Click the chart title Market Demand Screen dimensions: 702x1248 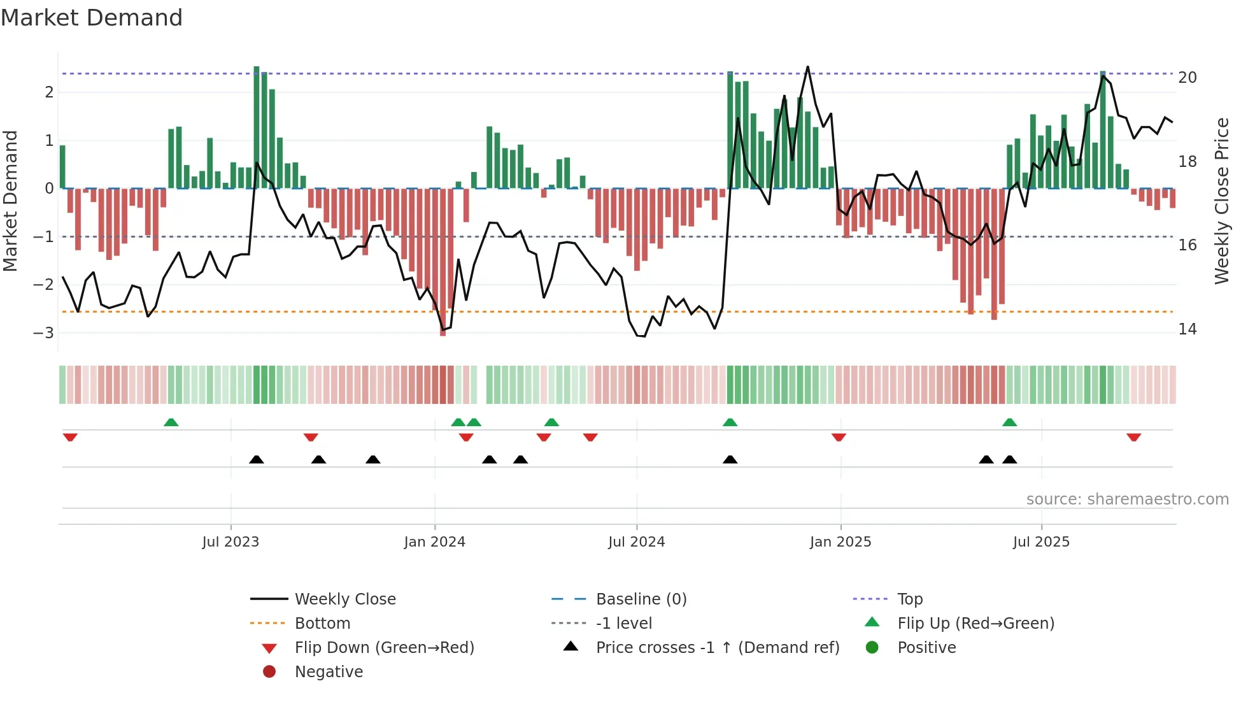[x=92, y=18]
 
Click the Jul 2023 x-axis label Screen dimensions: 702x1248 [x=230, y=542]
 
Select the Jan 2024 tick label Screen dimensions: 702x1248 [x=434, y=542]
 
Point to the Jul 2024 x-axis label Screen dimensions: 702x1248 [x=636, y=542]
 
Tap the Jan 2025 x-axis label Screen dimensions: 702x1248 [x=840, y=542]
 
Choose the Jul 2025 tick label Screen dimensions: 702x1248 [x=1041, y=542]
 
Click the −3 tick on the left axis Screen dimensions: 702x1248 [x=43, y=333]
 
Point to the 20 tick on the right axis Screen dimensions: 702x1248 [x=1187, y=78]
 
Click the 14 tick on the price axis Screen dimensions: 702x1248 [x=1187, y=329]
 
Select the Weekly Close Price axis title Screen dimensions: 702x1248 [x=1221, y=201]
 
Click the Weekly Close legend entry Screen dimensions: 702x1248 [x=344, y=599]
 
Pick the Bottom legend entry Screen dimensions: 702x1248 [x=322, y=624]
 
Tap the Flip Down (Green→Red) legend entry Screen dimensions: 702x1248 [x=384, y=648]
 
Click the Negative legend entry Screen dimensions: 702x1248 [x=329, y=672]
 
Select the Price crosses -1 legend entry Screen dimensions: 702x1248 [x=717, y=648]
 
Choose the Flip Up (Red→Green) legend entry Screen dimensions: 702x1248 [x=975, y=624]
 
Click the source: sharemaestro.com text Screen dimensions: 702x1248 [x=1127, y=499]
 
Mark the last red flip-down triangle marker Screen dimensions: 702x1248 [x=1133, y=437]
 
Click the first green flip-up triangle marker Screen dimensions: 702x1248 [x=171, y=422]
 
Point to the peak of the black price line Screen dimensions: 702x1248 [x=807, y=67]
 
